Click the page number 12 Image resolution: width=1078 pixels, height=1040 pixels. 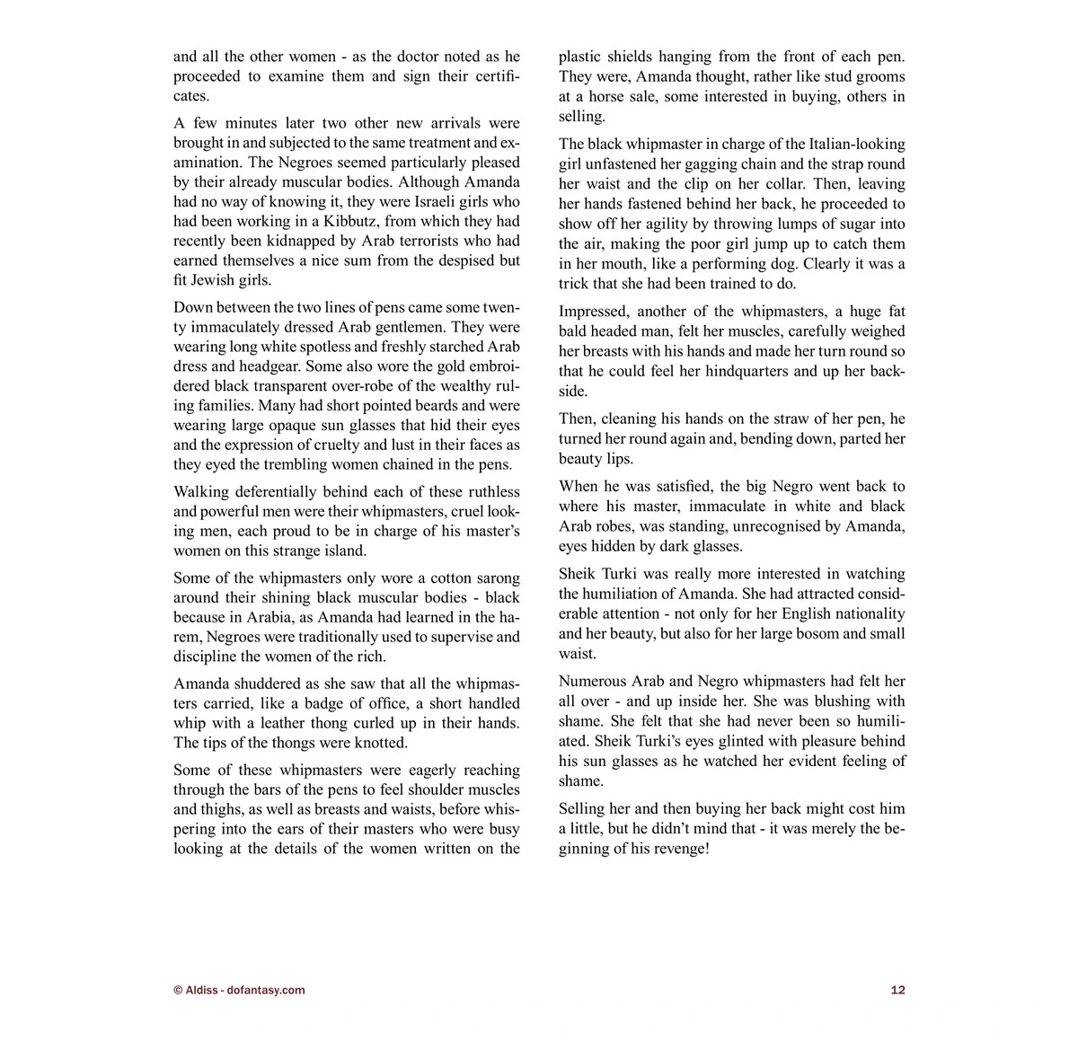pos(897,991)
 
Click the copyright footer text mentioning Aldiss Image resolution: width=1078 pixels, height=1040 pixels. pos(239,991)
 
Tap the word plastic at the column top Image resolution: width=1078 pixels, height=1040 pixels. pos(583,57)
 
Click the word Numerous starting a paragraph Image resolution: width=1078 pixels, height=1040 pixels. pos(595,682)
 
